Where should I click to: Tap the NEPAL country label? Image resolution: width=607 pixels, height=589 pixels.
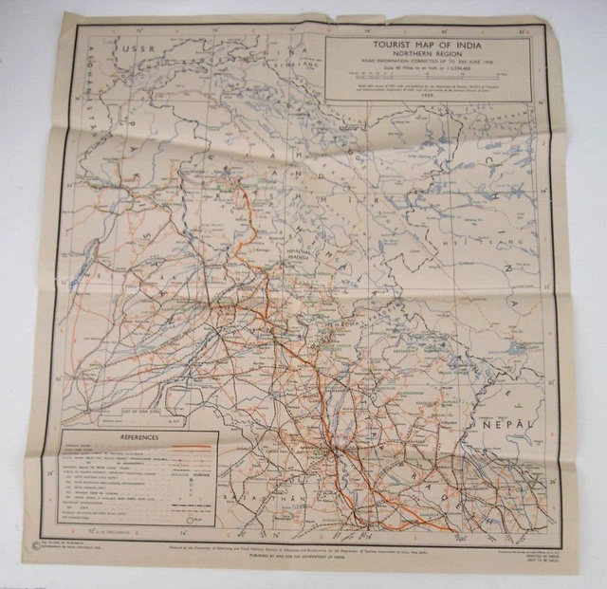point(503,431)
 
